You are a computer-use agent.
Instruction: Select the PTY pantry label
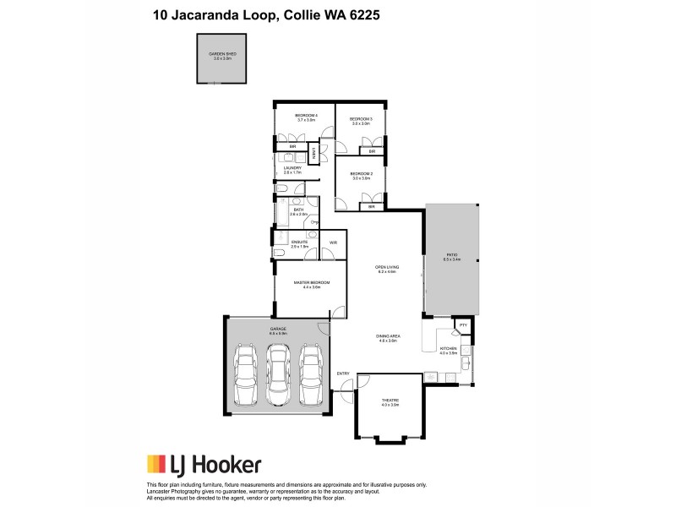coord(463,324)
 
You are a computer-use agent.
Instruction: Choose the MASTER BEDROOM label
coord(310,284)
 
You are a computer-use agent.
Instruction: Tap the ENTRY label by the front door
coord(343,373)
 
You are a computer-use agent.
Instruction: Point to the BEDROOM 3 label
coord(361,120)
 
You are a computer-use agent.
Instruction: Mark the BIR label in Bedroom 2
coord(371,206)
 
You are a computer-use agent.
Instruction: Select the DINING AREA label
coord(388,337)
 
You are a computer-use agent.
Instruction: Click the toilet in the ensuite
coord(279,252)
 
